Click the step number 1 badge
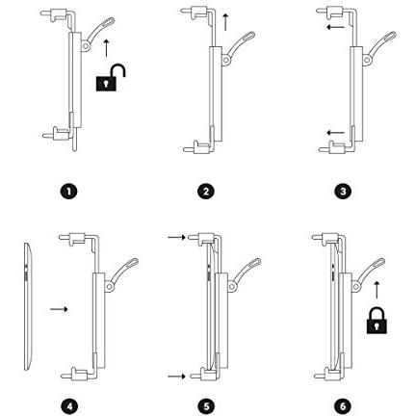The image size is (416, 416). (68, 192)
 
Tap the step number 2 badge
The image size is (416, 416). (206, 192)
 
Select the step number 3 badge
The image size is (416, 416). (343, 192)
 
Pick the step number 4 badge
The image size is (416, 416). (68, 406)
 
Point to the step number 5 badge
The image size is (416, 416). (206, 406)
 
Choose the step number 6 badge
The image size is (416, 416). (343, 406)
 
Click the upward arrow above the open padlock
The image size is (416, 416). (106, 48)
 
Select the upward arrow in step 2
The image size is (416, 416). (225, 22)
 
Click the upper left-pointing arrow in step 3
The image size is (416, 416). (335, 27)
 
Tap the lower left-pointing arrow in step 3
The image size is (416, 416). (335, 132)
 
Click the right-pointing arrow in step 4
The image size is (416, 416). (59, 309)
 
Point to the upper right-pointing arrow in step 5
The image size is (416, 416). (177, 237)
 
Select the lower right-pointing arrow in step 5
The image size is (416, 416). (177, 376)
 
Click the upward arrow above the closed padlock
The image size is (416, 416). (377, 290)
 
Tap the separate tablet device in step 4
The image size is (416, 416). (28, 306)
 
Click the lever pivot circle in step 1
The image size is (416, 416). (86, 46)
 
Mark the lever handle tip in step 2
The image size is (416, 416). (250, 36)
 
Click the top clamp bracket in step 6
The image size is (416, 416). (330, 238)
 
